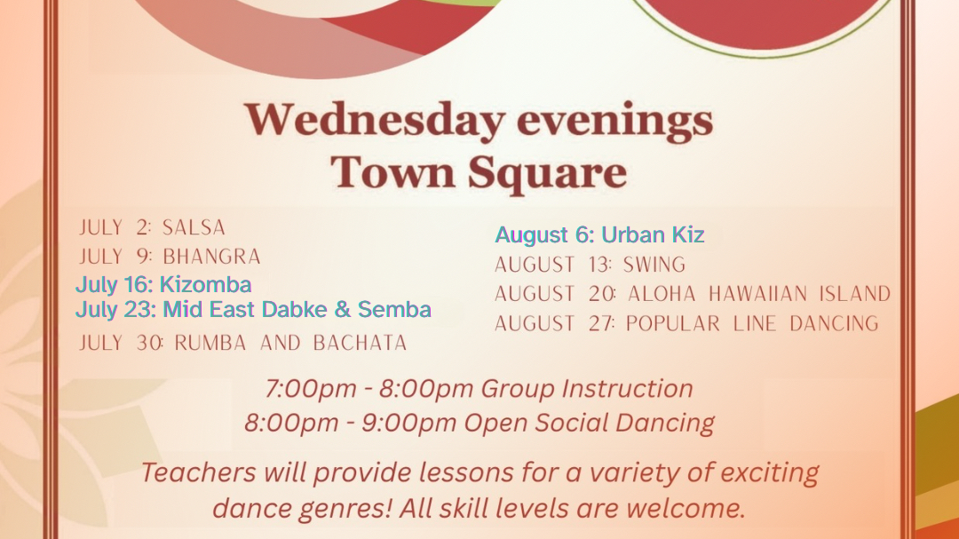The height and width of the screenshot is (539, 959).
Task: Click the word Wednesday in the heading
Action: coord(375,120)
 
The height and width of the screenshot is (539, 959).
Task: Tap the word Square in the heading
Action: coord(547,172)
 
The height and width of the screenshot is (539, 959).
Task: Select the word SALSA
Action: coord(194,227)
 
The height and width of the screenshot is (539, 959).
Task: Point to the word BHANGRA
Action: coord(211,257)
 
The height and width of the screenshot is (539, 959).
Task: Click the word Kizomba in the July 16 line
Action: coord(206,284)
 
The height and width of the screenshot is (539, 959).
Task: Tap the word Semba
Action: coord(394,309)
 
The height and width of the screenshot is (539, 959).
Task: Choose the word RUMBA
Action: coord(210,343)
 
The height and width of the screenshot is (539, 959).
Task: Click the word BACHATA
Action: coord(360,343)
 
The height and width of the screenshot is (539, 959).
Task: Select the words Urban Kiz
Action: coord(653,234)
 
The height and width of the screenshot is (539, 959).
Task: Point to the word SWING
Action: coord(654,265)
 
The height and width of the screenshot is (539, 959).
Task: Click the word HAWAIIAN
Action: coord(758,294)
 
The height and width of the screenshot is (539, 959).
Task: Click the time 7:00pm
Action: coord(312,389)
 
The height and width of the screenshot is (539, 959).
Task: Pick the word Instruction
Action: coord(627,389)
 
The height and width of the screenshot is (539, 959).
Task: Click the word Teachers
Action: coord(199,472)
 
